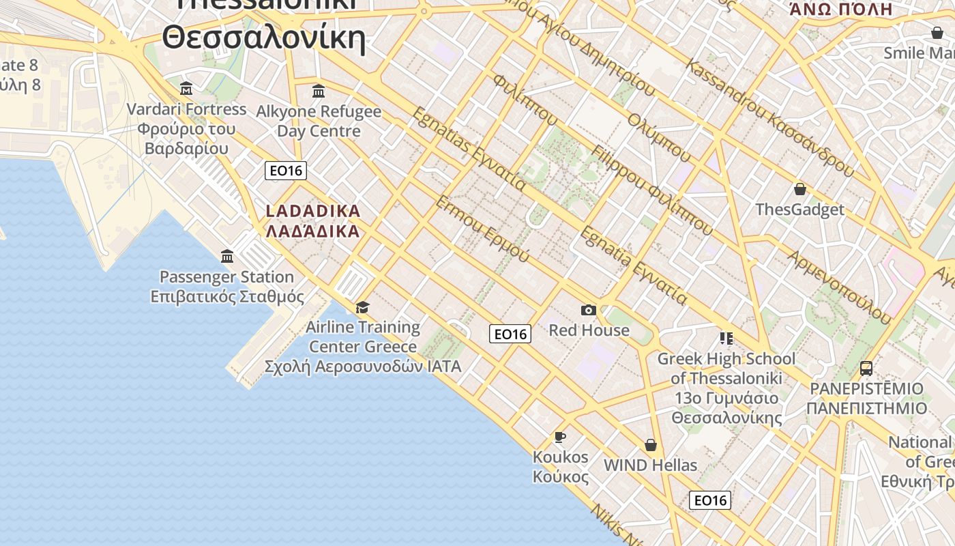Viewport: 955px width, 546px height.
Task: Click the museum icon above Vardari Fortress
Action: tap(186, 89)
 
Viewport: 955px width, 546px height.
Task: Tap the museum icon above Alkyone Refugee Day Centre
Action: tap(319, 91)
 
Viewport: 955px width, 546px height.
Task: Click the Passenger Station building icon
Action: tap(227, 257)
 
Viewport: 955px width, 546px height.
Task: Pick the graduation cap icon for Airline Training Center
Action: tap(362, 307)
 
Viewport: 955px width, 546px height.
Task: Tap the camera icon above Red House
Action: tap(588, 311)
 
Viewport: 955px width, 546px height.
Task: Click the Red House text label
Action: tap(589, 330)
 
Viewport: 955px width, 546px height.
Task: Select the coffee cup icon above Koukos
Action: tap(560, 437)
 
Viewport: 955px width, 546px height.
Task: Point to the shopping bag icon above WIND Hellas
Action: tap(651, 445)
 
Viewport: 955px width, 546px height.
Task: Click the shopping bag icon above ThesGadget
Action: tap(799, 189)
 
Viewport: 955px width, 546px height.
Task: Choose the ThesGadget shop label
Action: tap(799, 210)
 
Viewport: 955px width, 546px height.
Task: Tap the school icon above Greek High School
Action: tap(726, 339)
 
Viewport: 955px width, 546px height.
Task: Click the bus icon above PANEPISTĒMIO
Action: tap(866, 369)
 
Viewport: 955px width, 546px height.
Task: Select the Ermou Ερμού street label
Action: tap(482, 229)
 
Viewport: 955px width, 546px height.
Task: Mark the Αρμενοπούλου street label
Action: tap(839, 287)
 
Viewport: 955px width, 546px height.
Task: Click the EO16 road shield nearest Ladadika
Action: tap(286, 171)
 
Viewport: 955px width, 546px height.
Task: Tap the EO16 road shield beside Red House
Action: tap(510, 334)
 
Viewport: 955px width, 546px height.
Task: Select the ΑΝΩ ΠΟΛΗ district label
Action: tap(840, 10)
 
